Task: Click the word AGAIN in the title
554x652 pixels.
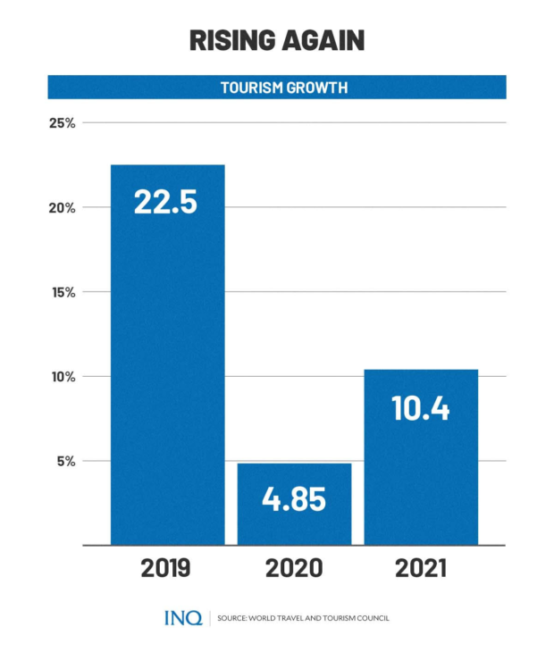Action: pos(324,41)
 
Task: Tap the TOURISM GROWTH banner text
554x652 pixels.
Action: pos(277,88)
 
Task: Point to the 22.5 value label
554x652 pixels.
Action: pos(165,202)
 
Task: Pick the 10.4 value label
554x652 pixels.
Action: pos(421,408)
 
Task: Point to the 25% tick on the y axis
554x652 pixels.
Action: pos(62,122)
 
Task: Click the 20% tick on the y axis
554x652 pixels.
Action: pos(62,207)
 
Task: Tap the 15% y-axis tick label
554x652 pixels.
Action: pos(62,292)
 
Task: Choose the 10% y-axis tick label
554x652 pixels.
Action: pos(62,377)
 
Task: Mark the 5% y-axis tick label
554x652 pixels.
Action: pos(65,462)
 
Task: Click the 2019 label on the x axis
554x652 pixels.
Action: pos(165,569)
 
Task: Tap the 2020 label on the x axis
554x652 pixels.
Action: pos(294,569)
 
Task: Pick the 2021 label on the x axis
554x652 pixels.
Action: pos(421,569)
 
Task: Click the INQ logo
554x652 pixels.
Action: pos(183,618)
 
